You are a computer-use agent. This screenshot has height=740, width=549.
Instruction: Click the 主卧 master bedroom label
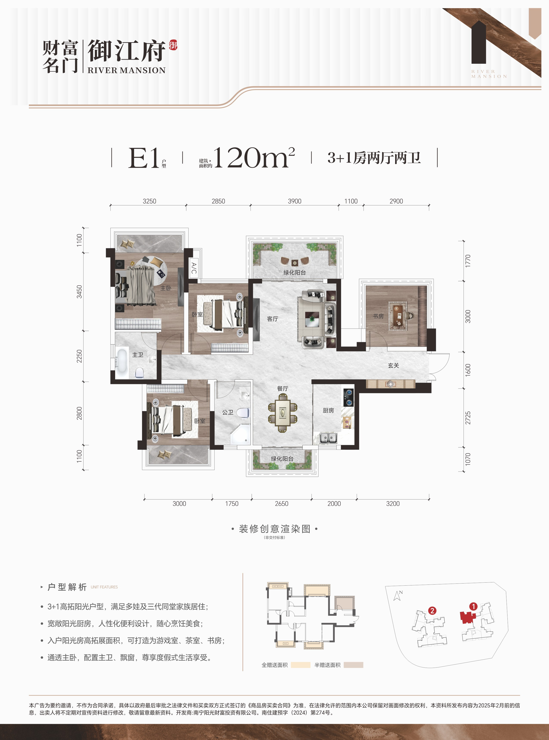tap(166, 288)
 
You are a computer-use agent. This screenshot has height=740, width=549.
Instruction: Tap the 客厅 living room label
tap(272, 319)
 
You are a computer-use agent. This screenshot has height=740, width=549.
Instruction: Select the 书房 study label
tap(378, 316)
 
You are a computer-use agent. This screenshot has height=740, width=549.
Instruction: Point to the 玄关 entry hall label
tap(393, 365)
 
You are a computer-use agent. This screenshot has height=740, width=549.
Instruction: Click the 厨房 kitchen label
tap(328, 411)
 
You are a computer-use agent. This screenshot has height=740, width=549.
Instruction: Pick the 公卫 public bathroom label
tap(228, 412)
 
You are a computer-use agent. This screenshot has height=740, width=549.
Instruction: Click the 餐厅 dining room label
tap(283, 388)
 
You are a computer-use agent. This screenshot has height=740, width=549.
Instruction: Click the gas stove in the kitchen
tap(349, 398)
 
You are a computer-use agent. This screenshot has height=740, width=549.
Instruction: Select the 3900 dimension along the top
tap(294, 201)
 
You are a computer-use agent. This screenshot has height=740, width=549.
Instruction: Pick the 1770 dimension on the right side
tap(468, 261)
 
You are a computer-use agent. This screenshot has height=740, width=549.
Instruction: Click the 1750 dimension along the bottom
tap(232, 504)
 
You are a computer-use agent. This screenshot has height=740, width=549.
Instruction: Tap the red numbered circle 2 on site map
tap(432, 611)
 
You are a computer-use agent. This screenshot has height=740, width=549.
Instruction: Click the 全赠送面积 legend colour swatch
tap(300, 665)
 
